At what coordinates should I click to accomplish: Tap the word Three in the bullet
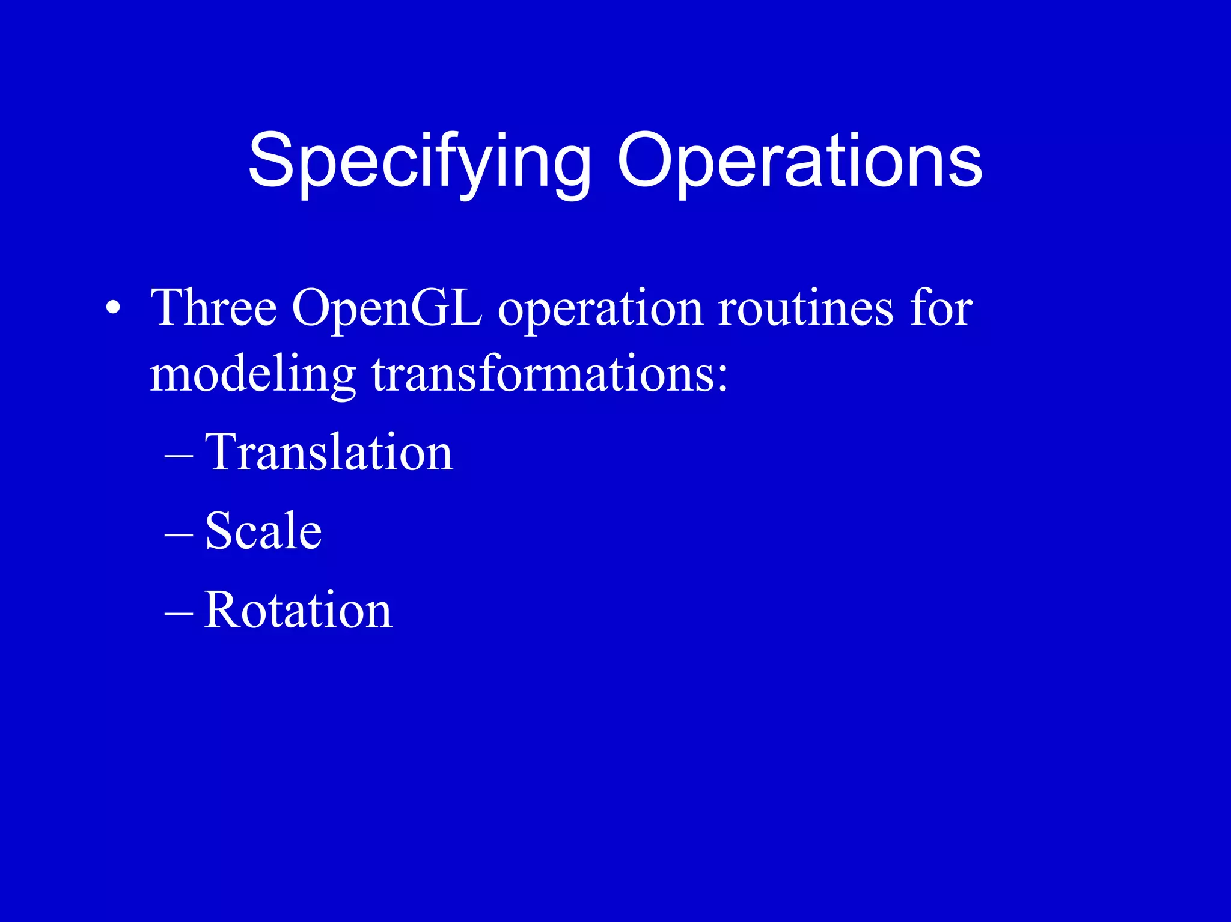tap(213, 308)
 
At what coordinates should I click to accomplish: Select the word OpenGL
tap(387, 308)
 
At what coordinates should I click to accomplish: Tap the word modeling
tap(252, 376)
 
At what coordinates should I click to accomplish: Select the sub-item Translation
tap(328, 452)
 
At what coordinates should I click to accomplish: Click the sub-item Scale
tap(263, 530)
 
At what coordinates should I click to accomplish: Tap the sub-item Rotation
tap(298, 609)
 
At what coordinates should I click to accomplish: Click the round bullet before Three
tap(112, 309)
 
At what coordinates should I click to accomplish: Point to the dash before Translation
tap(179, 457)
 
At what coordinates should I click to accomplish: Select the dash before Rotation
tap(179, 614)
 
